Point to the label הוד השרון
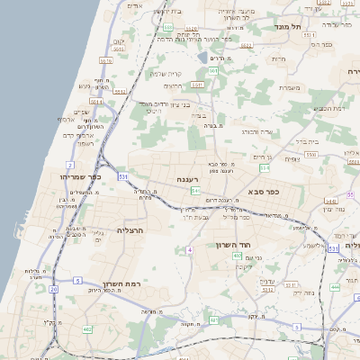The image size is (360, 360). point(237,244)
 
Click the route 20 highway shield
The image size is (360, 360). point(54,289)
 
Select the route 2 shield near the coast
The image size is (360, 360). point(69,166)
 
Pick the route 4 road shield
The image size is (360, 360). point(190,249)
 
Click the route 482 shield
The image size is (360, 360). point(87,330)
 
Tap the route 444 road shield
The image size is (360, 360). point(335,287)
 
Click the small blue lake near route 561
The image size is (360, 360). point(214,321)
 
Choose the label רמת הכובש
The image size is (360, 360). point(331,107)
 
